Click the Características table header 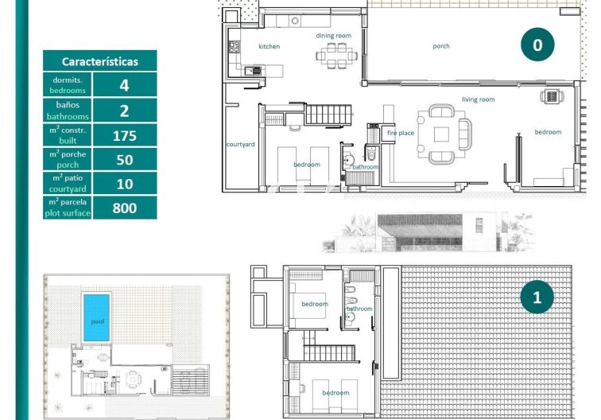point(99,61)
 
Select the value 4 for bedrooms point(124,85)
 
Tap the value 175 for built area point(124,135)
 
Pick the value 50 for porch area point(124,160)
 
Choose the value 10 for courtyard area point(124,184)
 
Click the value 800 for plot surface point(124,208)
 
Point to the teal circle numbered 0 point(537,45)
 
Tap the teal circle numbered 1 point(537,297)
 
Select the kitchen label point(269,47)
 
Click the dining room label point(333,36)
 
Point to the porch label point(441,46)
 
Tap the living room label point(479,99)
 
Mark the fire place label point(400,133)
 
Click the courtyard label point(240,145)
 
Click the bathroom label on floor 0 point(366,167)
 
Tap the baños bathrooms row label point(68,111)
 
